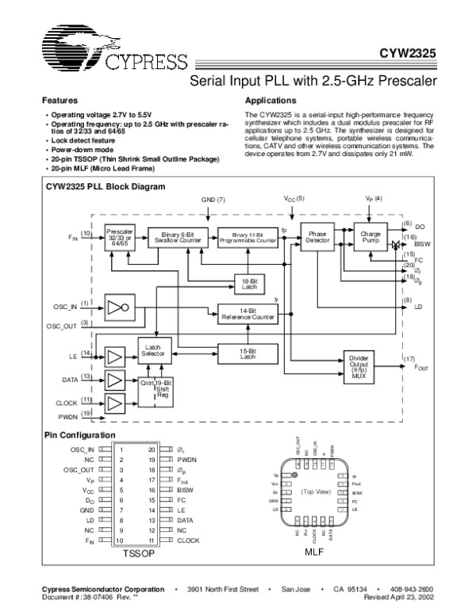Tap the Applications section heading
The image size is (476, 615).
coord(271,101)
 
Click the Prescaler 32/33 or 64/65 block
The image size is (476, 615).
coord(121,235)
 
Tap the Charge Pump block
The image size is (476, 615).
coord(370,235)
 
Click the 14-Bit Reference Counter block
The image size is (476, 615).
coord(247,315)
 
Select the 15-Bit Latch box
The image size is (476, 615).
coord(248,352)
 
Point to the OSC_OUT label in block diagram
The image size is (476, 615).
coord(60,326)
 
